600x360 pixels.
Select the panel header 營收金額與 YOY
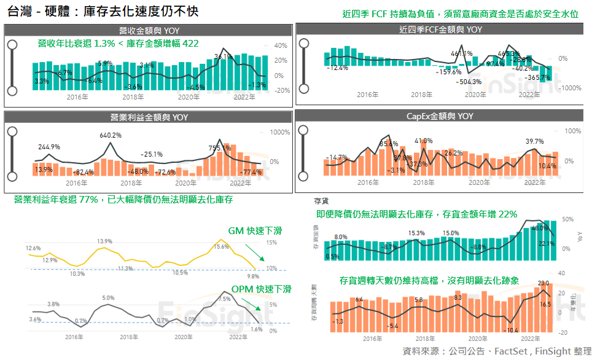pos(149,30)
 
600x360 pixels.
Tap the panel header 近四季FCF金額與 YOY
pos(440,29)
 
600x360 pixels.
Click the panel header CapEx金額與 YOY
pos(440,116)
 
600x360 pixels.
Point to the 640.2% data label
pos(111,135)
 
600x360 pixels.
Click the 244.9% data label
pos(49,147)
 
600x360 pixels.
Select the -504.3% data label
pos(470,82)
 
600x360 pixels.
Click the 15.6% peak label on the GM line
pos(221,246)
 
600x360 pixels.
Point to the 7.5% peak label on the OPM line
pos(224,299)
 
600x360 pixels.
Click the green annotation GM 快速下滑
pos(255,231)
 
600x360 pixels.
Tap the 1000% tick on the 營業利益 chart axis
pos(280,132)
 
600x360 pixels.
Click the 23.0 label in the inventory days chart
pos(542,283)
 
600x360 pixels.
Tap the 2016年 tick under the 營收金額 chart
pos(77,96)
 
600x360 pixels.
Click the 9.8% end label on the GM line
pos(253,276)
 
